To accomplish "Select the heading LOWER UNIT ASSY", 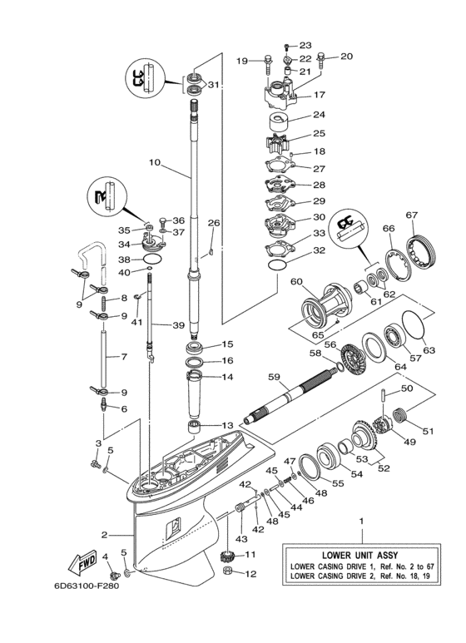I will point(362,551).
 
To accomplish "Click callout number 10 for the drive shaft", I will point(154,164).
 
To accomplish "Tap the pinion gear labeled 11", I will point(224,556).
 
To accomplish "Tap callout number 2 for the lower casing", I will point(105,534).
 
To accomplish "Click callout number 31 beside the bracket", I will point(214,85).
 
